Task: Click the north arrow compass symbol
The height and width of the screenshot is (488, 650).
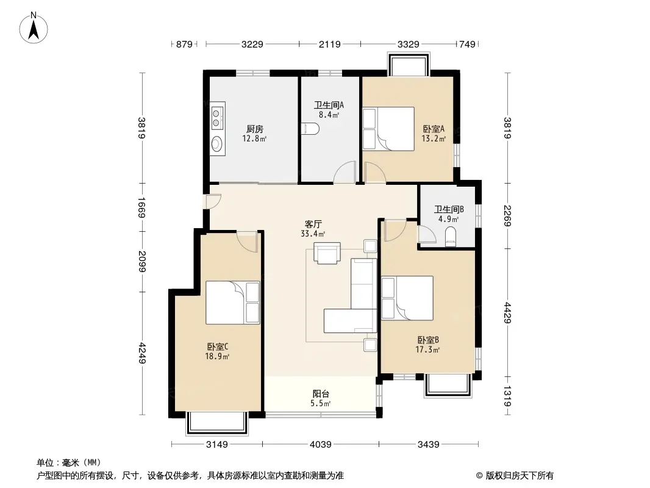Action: click(34, 28)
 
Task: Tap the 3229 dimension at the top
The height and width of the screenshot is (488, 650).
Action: click(252, 44)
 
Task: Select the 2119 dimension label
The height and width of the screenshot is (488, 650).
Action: click(329, 44)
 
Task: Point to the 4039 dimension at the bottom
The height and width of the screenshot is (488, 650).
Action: click(321, 445)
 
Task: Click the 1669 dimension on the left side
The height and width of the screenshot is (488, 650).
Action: click(141, 208)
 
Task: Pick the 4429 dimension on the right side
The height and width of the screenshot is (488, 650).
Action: click(508, 312)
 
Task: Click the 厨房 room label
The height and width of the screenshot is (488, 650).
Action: click(254, 129)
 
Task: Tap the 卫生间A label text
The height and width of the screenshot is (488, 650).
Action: click(329, 106)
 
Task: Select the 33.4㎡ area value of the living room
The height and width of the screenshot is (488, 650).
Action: click(313, 234)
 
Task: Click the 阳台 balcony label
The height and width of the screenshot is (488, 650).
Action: click(321, 394)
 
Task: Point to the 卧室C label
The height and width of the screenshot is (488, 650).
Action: click(218, 346)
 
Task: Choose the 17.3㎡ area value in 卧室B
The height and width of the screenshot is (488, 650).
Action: click(428, 350)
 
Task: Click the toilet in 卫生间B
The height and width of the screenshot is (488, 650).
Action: click(450, 236)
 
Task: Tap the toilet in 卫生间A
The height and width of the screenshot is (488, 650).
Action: click(310, 129)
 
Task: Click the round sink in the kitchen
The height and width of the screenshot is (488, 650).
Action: click(217, 144)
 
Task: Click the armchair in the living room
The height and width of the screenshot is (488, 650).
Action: click(327, 253)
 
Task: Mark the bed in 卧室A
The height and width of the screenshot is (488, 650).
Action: click(388, 129)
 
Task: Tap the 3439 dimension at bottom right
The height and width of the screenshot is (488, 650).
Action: click(428, 445)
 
